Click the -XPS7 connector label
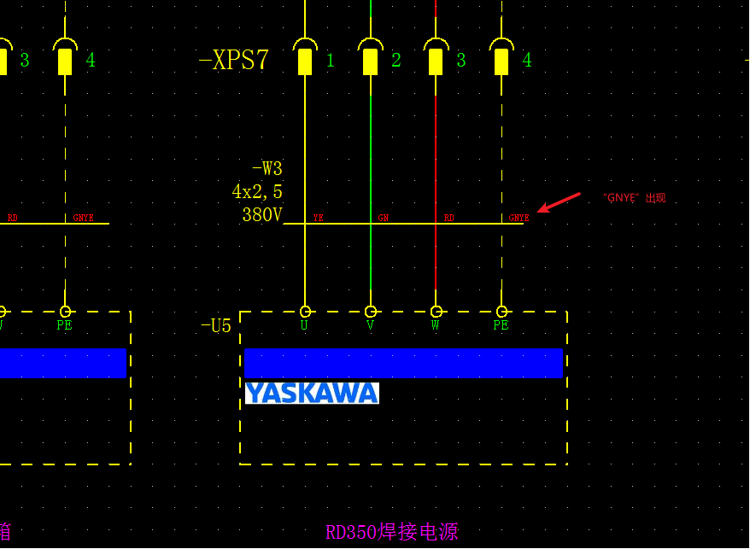(x=234, y=60)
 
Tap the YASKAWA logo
(x=312, y=393)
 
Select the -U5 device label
(x=216, y=326)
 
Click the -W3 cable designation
(x=267, y=169)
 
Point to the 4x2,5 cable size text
(x=257, y=192)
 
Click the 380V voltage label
(x=262, y=215)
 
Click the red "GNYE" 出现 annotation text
(x=634, y=198)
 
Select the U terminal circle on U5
(x=305, y=312)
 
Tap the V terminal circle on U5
(x=371, y=312)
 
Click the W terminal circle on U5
(x=436, y=312)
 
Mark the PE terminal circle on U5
(x=501, y=312)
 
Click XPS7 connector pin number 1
(x=331, y=61)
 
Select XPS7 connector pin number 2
(x=396, y=61)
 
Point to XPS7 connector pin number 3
(x=461, y=61)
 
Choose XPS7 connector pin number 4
(x=527, y=61)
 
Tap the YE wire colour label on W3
(x=319, y=219)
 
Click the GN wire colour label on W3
(x=384, y=219)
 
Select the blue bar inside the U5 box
(x=403, y=363)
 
